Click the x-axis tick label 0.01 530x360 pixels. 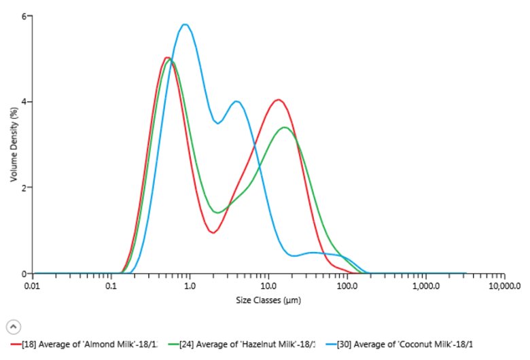point(32,287)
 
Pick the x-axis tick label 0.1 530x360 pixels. point(111,287)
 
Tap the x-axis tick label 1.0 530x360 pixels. point(190,287)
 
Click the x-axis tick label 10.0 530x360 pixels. point(268,287)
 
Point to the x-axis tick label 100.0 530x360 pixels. point(347,287)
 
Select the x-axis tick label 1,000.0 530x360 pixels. point(425,287)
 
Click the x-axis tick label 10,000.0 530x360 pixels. point(503,287)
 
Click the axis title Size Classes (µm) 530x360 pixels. point(268,300)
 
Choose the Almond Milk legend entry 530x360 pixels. point(89,345)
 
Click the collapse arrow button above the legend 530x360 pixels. point(13,327)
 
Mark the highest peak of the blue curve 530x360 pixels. point(184,24)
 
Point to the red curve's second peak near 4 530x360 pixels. point(277,100)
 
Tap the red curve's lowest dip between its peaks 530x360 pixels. point(213,232)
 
